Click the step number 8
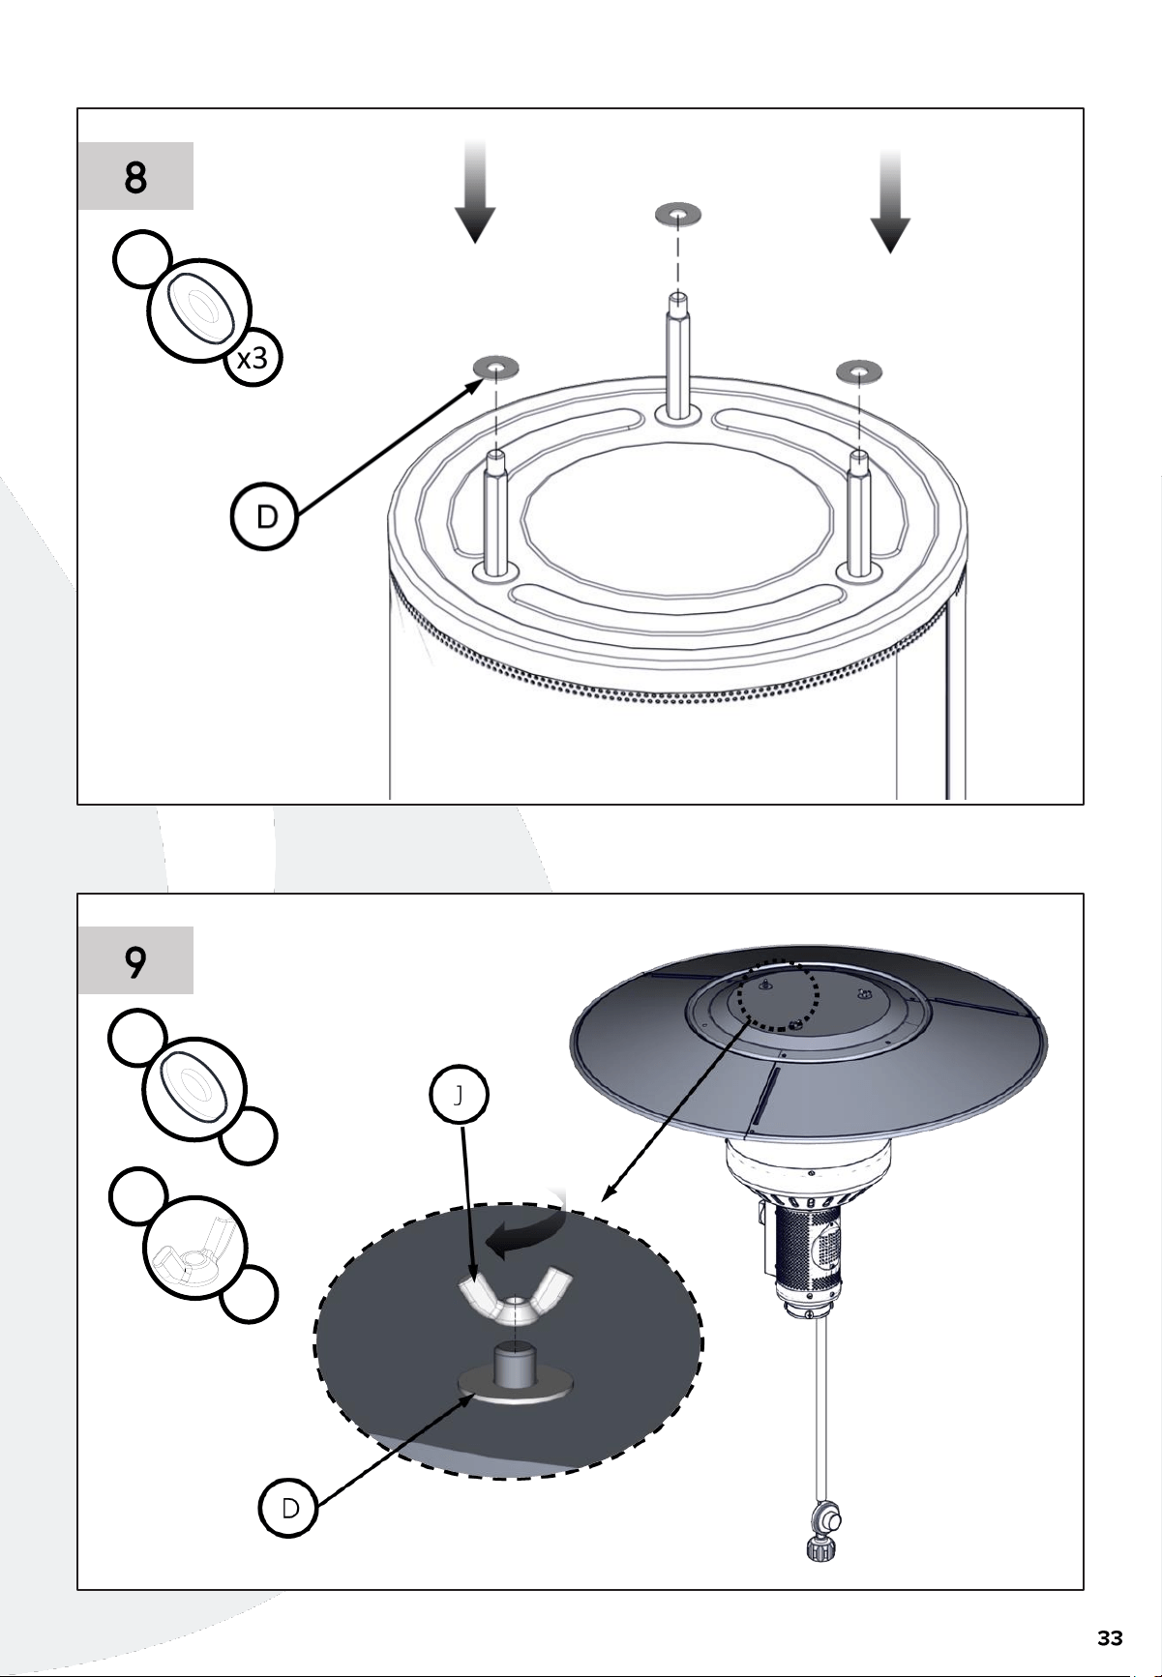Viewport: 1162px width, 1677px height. [x=135, y=178]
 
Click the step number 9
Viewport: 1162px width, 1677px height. [x=135, y=962]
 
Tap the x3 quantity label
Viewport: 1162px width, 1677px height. [x=253, y=360]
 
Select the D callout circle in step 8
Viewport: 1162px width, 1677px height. [x=265, y=517]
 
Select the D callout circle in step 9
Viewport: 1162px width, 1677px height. [x=288, y=1508]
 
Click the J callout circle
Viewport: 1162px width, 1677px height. [x=459, y=1095]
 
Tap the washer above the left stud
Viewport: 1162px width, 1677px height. [x=495, y=367]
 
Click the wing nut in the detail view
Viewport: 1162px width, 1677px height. [x=515, y=1298]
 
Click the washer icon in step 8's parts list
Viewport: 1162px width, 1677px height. [x=198, y=310]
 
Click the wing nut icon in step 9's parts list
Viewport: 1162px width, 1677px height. [x=195, y=1247]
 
